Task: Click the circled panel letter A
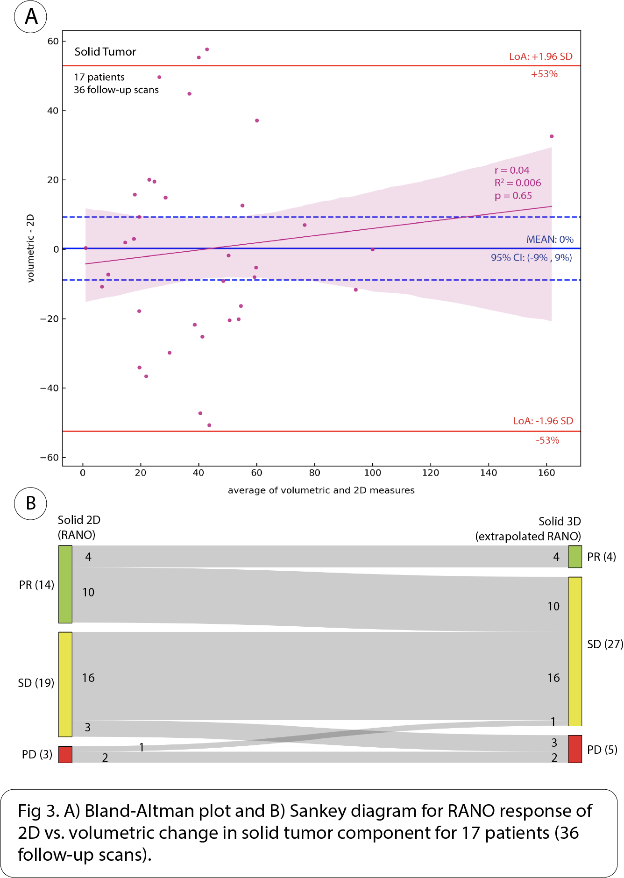31,17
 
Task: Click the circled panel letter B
31,503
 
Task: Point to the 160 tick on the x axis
546,473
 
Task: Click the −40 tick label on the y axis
49,388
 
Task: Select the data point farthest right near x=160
552,136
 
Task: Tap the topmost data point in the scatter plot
207,50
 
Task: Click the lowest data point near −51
209,425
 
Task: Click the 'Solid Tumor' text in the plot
105,52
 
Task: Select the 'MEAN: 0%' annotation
550,240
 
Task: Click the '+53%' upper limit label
544,74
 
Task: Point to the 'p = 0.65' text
513,196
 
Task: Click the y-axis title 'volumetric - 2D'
31,248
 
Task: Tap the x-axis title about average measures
321,490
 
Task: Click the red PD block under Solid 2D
65,754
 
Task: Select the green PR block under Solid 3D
575,557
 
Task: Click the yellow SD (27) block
575,651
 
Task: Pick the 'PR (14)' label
36,585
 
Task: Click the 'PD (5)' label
602,750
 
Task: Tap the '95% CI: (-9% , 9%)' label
531,258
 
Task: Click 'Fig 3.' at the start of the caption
38,811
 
